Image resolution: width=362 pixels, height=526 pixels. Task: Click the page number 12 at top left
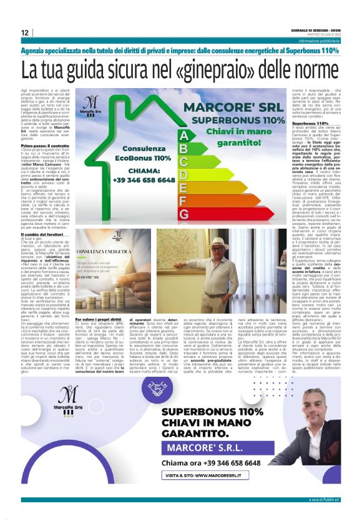point(24,32)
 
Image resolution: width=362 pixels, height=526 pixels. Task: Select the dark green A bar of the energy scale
point(183,135)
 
